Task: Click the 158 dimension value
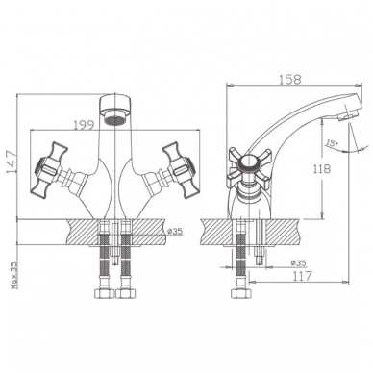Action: (x=291, y=79)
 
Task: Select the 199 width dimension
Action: (x=85, y=125)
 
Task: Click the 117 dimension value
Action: (x=302, y=275)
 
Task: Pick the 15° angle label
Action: (x=332, y=143)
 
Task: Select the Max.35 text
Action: (x=13, y=275)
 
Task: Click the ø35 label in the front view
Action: (x=175, y=231)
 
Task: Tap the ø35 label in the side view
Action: (x=298, y=262)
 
